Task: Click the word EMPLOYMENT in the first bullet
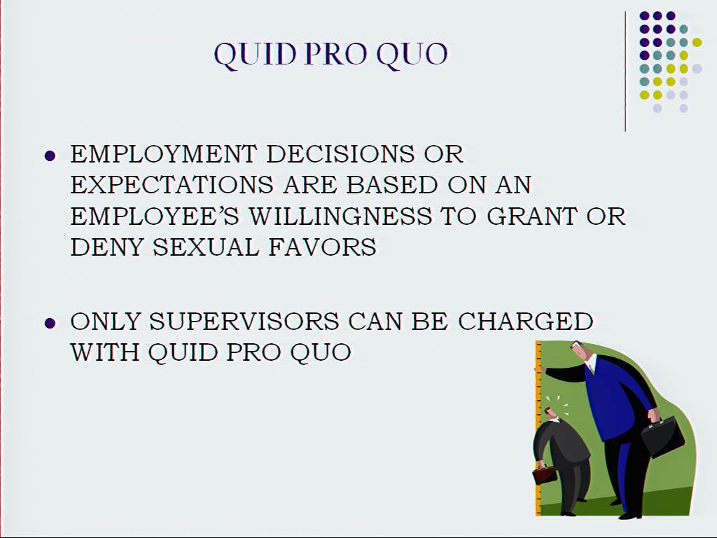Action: coord(163,154)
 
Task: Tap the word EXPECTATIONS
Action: coord(172,185)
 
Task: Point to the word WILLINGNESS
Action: coord(340,216)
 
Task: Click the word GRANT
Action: coord(532,216)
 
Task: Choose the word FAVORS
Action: coord(322,247)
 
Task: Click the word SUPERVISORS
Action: coord(244,321)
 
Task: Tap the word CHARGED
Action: coord(525,321)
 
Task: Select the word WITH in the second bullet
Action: coord(105,352)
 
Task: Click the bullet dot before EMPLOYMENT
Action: coord(50,156)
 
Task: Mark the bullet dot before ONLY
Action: coord(50,324)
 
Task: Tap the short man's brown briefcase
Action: coord(544,474)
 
